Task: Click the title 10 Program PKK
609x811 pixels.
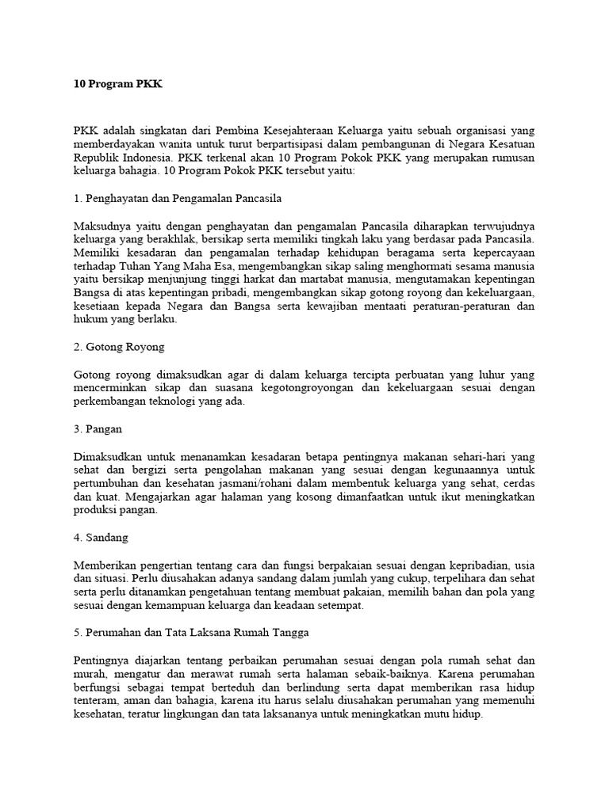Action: pyautogui.click(x=117, y=83)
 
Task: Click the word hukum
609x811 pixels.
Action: pyautogui.click(x=88, y=321)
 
